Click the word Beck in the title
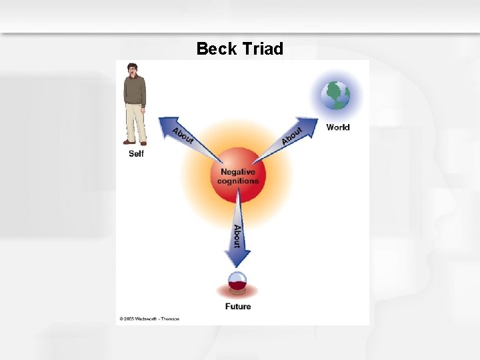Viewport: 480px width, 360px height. pyautogui.click(x=217, y=49)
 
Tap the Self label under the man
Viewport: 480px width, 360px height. pyautogui.click(x=136, y=154)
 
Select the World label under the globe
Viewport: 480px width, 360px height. pyautogui.click(x=337, y=127)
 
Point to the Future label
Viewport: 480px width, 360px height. pyautogui.click(x=238, y=307)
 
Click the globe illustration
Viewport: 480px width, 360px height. pyautogui.click(x=335, y=96)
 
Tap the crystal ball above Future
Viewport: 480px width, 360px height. pyautogui.click(x=237, y=283)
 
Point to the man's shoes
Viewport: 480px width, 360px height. pyautogui.click(x=135, y=142)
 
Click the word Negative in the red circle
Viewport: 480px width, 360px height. pyautogui.click(x=238, y=172)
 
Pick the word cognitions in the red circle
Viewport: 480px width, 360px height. pyautogui.click(x=238, y=181)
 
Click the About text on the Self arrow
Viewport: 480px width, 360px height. pyautogui.click(x=183, y=135)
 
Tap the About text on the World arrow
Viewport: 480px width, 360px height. pyautogui.click(x=291, y=135)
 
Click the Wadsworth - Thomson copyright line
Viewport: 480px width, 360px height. pyautogui.click(x=149, y=319)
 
